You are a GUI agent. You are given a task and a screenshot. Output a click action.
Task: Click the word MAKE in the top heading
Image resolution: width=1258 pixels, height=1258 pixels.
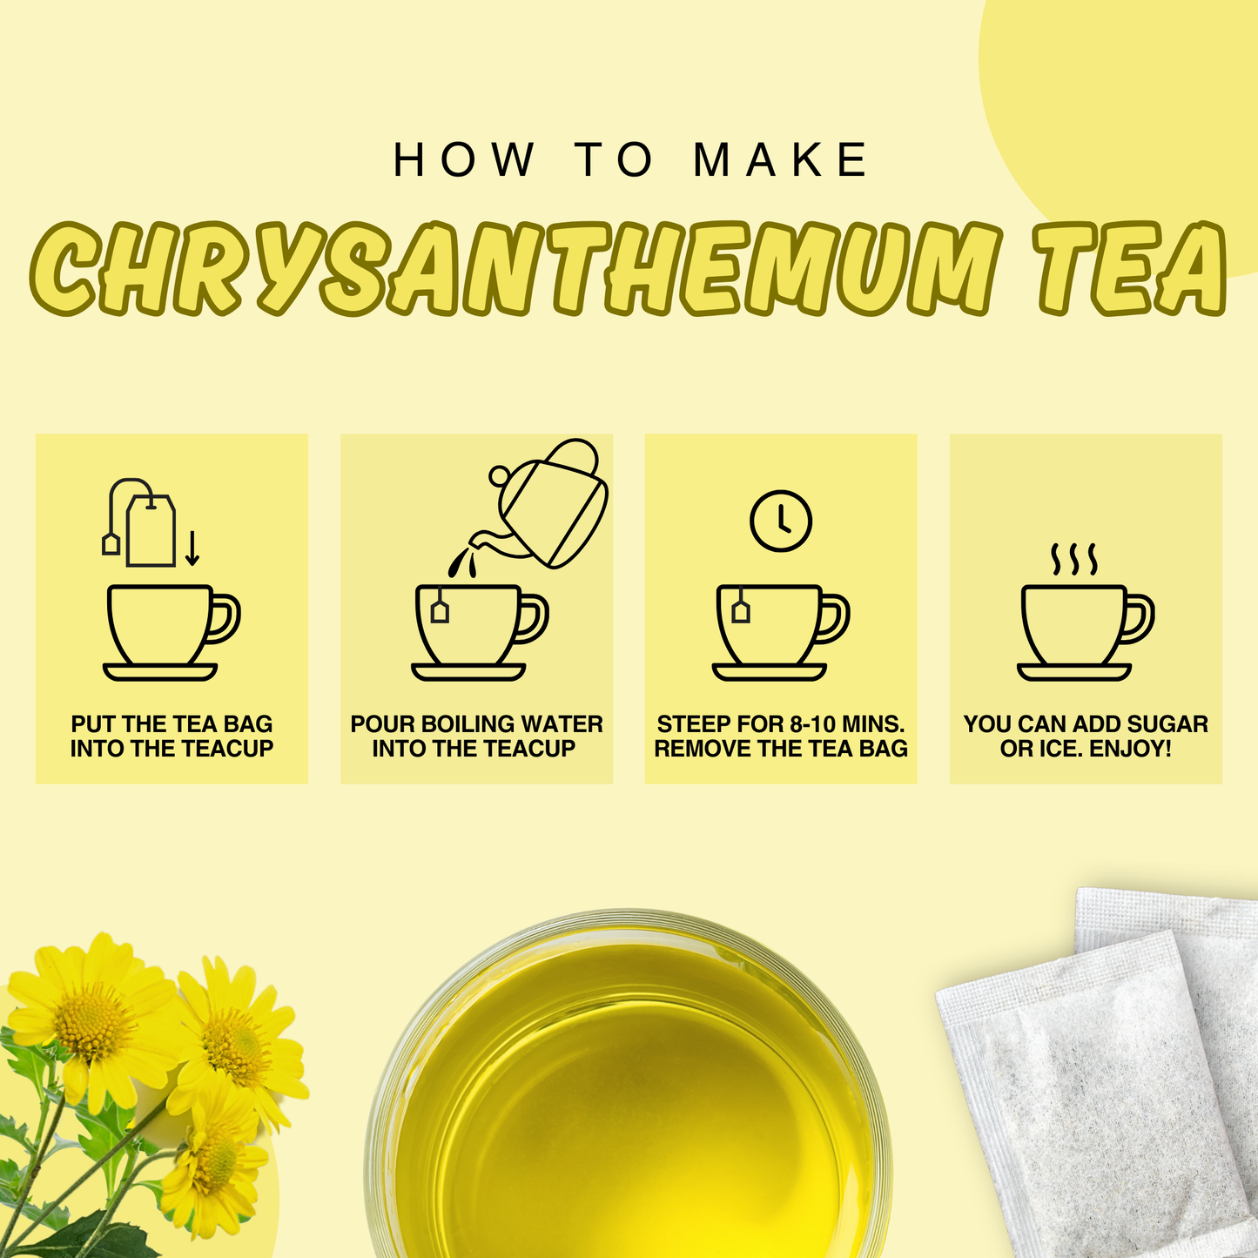pyautogui.click(x=781, y=161)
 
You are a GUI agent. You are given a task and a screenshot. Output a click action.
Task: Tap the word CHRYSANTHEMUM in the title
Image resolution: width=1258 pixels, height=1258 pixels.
pyautogui.click(x=514, y=270)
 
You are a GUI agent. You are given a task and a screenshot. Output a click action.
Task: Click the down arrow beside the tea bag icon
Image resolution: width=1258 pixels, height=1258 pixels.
pyautogui.click(x=192, y=547)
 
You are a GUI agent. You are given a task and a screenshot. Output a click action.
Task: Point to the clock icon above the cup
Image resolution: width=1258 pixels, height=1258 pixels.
pyautogui.click(x=781, y=521)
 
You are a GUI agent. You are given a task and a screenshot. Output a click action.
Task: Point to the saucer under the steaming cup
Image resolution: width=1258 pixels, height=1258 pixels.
pyautogui.click(x=1074, y=672)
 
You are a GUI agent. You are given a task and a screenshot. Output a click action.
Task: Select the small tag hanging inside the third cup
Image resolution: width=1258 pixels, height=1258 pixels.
pyautogui.click(x=741, y=611)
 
